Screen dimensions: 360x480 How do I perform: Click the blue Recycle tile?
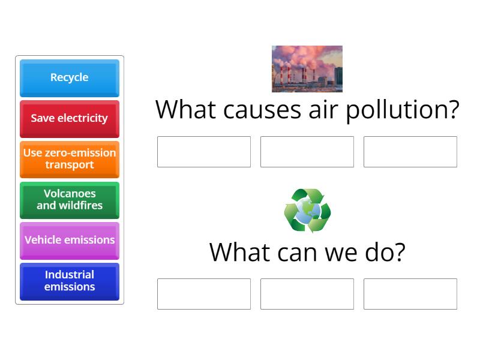69,77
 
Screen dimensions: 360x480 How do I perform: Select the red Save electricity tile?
69,118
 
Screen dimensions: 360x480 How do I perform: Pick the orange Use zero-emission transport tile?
69,159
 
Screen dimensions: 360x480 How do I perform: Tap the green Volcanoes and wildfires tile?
69,200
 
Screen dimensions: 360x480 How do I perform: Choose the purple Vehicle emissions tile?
69,240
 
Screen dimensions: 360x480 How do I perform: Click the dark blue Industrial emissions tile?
69,281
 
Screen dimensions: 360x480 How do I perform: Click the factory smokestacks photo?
307,68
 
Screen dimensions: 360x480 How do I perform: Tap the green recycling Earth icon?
307,211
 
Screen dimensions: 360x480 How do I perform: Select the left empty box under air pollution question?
203,152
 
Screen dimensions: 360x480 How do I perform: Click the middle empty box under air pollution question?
307,152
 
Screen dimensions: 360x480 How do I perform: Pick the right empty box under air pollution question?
410,152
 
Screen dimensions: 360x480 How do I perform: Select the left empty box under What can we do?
203,294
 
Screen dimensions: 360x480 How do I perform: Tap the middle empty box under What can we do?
307,294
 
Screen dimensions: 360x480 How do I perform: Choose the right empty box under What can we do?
410,294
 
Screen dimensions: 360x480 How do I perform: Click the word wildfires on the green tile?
80,205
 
